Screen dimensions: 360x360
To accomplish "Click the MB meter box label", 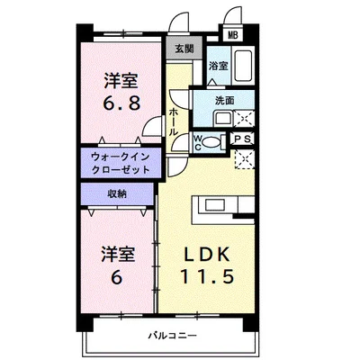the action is [x=232, y=35].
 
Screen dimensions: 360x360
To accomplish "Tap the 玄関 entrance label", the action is [x=184, y=49].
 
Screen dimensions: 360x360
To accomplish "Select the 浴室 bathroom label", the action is [x=219, y=66].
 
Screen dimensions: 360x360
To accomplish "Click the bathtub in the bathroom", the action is [x=243, y=66].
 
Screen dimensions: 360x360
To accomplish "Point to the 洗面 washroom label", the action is [x=224, y=101].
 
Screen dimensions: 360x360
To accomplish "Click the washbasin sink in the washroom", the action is [x=222, y=119].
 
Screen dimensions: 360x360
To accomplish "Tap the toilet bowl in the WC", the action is [x=211, y=142].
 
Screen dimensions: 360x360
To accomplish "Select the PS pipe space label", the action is [x=243, y=139].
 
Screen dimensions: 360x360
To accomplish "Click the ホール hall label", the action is [x=174, y=122].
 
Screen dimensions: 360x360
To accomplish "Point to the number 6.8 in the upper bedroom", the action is [x=121, y=103].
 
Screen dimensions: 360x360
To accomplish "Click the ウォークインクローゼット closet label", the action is [x=121, y=163].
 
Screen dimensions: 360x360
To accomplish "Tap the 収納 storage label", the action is [x=117, y=193].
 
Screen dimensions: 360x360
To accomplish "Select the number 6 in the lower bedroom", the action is [x=117, y=277].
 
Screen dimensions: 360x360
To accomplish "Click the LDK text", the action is [x=207, y=255].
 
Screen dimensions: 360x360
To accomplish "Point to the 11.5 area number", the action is [x=207, y=276].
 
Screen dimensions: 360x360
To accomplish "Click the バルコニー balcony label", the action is [x=173, y=335].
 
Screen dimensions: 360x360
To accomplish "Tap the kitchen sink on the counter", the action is [x=215, y=205].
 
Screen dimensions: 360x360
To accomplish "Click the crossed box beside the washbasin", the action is [x=243, y=119].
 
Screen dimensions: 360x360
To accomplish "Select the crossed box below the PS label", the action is [x=244, y=159].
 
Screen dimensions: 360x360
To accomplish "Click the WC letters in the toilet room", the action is [x=198, y=142].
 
